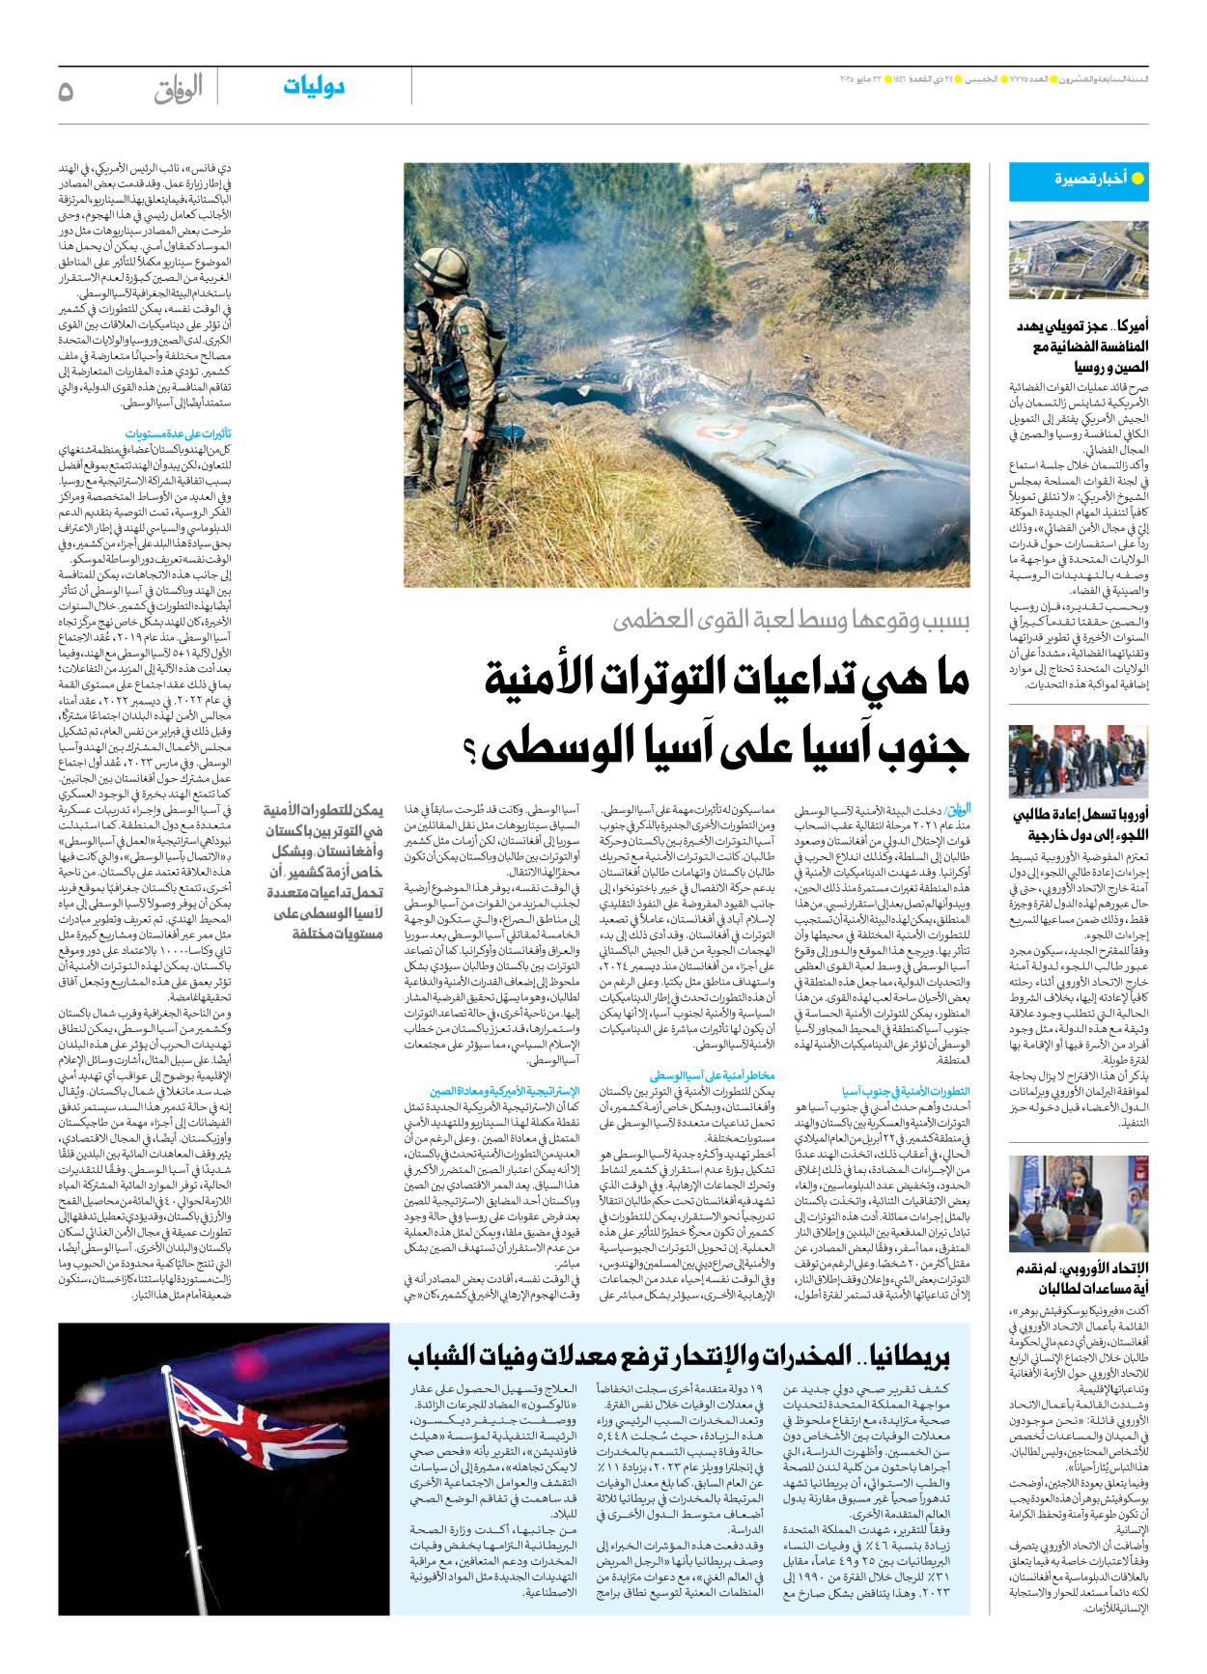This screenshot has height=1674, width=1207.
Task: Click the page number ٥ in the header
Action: [x=67, y=91]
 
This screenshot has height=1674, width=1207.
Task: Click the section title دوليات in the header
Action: [x=314, y=87]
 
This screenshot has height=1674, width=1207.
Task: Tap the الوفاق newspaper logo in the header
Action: [x=179, y=89]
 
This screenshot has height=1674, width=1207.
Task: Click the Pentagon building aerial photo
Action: [x=1078, y=260]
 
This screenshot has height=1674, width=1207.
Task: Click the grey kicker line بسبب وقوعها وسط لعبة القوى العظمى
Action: [x=791, y=621]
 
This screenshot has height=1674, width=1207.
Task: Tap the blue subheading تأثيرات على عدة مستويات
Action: [x=178, y=434]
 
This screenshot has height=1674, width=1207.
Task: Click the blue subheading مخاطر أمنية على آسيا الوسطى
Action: [x=712, y=1074]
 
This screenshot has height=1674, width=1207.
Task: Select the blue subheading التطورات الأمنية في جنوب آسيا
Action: [x=905, y=1091]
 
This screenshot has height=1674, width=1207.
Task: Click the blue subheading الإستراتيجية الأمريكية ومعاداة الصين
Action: [x=504, y=1091]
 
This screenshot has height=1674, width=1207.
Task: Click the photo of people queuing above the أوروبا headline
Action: [x=1078, y=761]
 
